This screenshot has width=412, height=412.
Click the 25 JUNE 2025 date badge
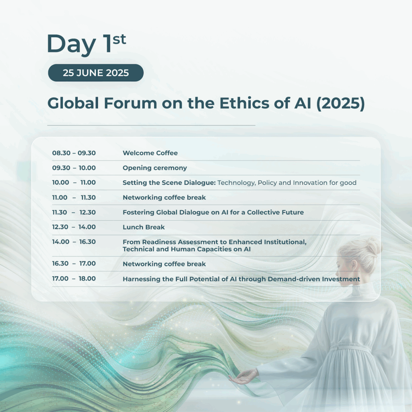coord(96,73)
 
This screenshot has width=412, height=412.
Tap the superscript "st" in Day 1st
coord(119,39)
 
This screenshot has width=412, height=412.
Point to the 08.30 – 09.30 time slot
coord(74,153)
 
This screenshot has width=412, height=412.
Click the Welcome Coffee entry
coord(150,153)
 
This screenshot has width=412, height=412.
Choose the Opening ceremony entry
coord(155,168)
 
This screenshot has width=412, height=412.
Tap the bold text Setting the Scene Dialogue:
coord(169,183)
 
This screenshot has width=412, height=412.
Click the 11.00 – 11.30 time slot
coord(74,197)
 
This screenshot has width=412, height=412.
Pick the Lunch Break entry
coord(144,227)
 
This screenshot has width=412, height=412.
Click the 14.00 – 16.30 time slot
coord(74,242)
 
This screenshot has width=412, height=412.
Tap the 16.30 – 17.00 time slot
coord(74,263)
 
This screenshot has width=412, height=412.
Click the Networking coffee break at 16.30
coord(164,264)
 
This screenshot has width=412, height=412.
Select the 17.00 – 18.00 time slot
coord(74,278)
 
